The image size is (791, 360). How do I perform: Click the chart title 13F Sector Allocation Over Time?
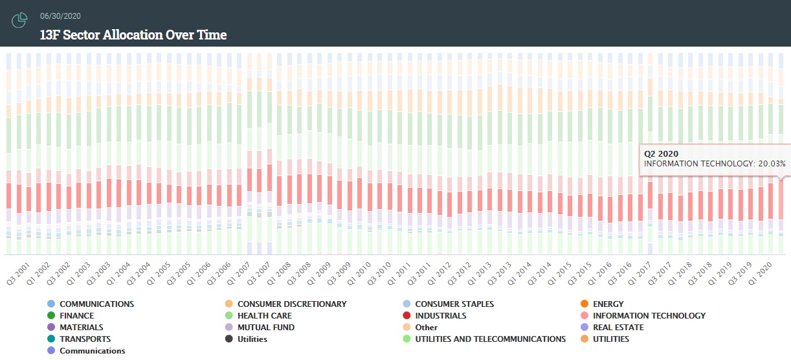pyautogui.click(x=133, y=35)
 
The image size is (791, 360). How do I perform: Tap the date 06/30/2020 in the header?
pyautogui.click(x=60, y=16)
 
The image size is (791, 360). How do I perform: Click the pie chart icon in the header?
pyautogui.click(x=19, y=20)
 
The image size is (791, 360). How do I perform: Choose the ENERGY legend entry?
pyautogui.click(x=608, y=304)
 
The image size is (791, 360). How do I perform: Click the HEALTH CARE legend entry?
pyautogui.click(x=264, y=316)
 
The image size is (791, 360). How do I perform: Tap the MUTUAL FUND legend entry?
pyautogui.click(x=266, y=328)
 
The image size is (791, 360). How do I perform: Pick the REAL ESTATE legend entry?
pyautogui.click(x=618, y=328)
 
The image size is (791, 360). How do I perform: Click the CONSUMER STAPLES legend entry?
pyautogui.click(x=454, y=304)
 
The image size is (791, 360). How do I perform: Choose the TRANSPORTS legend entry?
pyautogui.click(x=85, y=339)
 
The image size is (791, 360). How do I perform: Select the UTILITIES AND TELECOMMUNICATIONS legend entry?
pyautogui.click(x=490, y=339)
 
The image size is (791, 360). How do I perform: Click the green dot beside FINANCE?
pyautogui.click(x=51, y=316)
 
